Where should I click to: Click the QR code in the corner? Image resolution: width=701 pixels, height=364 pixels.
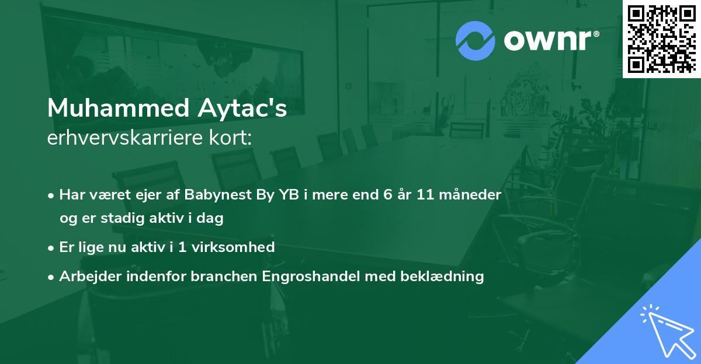[661, 38]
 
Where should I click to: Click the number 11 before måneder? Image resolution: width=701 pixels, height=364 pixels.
[426, 195]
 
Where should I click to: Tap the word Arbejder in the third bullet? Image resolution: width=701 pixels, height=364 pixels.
[88, 276]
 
